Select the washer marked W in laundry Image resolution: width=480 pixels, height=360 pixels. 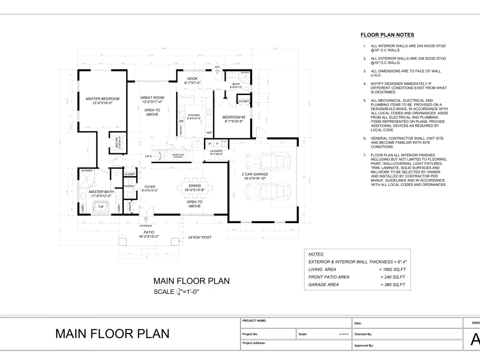210,144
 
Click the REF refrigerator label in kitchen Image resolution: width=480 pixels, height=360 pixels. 209,132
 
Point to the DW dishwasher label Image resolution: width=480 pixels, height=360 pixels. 181,121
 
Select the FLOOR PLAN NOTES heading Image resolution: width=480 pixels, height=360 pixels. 387,35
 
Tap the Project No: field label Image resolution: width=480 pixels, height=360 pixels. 250,333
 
